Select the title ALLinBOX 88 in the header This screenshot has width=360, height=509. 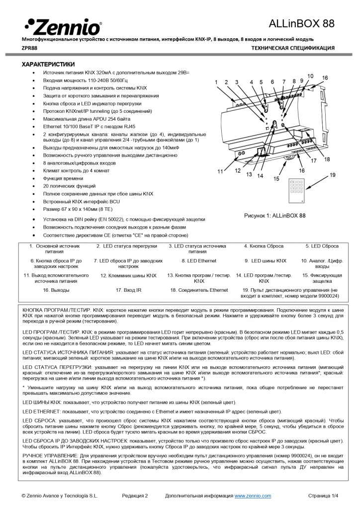tap(301, 23)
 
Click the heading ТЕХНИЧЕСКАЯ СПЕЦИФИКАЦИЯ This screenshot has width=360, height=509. tap(293, 48)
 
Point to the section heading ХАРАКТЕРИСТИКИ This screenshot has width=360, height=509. tap(48, 65)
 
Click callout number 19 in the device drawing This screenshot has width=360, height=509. tap(333, 175)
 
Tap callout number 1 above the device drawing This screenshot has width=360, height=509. tap(216, 82)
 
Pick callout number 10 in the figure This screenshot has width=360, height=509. tap(310, 76)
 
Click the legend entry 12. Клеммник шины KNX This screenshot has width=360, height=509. tap(128, 275)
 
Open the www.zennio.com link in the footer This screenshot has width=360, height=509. tap(253, 496)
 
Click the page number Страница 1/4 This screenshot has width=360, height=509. tap(323, 496)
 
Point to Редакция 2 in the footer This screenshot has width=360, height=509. tap(135, 496)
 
